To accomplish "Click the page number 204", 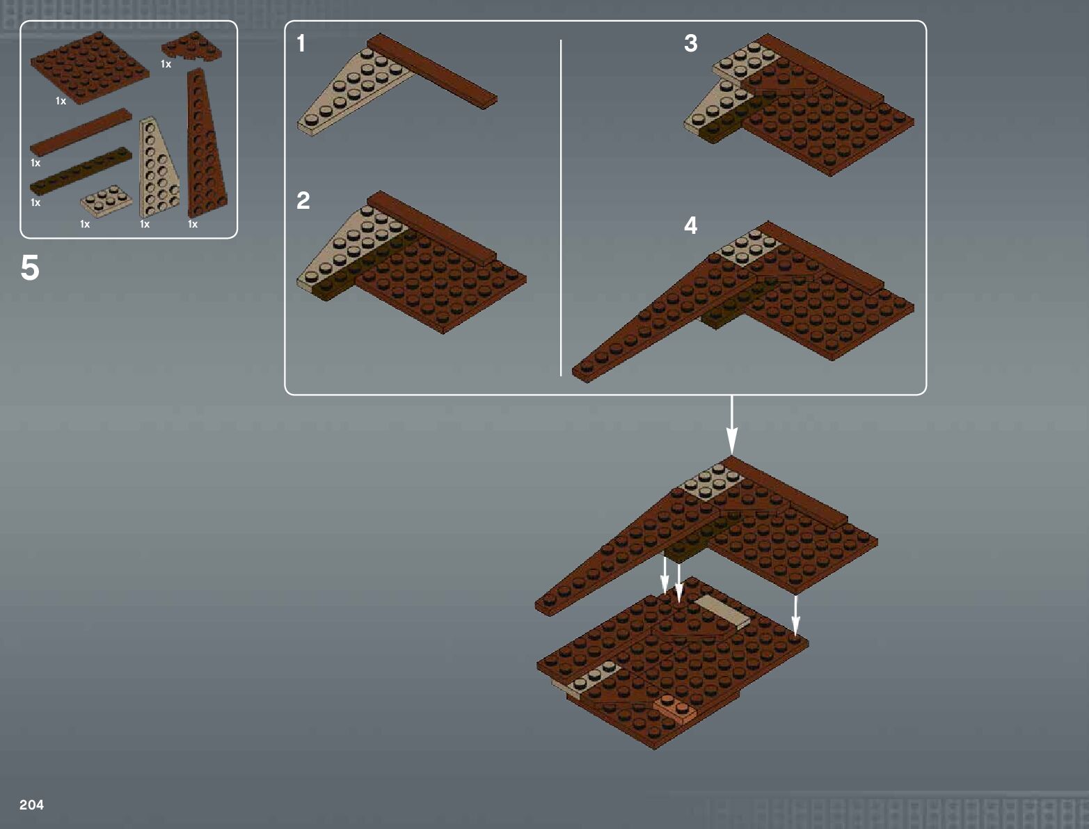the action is [31, 805].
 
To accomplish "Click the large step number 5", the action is [30, 268].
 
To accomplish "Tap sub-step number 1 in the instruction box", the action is [301, 43].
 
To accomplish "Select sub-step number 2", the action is [303, 200].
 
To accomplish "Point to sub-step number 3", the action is [690, 43].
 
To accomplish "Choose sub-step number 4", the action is [690, 226].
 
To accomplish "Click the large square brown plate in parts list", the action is [90, 68].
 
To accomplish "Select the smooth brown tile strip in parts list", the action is [81, 132].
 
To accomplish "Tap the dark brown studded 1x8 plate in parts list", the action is [81, 171].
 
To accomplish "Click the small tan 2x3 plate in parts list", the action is [106, 201].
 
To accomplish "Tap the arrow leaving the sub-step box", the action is [732, 425].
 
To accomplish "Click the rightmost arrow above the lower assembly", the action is [795, 615].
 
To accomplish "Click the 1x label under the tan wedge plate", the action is [144, 224].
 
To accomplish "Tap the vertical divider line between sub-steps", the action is [561, 208].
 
